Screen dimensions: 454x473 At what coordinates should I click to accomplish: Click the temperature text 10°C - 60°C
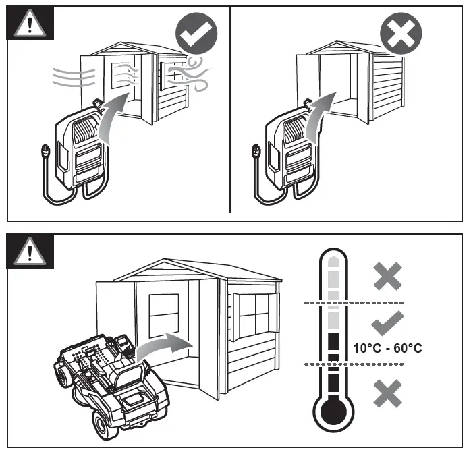tap(388, 349)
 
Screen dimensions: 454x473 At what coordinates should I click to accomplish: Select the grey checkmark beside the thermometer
tap(388, 322)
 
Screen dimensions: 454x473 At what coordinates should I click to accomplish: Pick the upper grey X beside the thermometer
tap(388, 277)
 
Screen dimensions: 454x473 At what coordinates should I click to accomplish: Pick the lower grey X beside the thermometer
tap(388, 393)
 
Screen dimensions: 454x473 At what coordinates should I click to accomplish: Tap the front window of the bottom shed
tap(163, 318)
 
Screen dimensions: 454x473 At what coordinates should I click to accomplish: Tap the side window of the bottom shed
tap(253, 314)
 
